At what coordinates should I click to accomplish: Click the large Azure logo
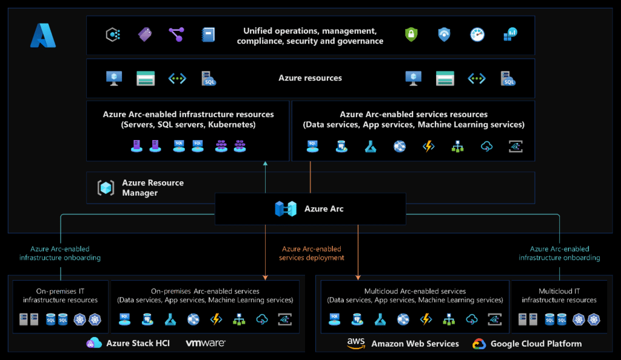tap(43, 36)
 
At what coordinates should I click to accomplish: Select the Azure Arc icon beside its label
tap(286, 209)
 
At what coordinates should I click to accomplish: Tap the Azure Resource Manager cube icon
tap(106, 188)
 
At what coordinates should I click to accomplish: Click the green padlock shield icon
tap(411, 35)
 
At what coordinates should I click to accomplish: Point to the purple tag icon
tap(145, 35)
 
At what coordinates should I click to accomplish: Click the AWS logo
tap(355, 344)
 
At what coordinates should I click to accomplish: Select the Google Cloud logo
tap(479, 344)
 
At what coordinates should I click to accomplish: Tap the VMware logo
tap(206, 343)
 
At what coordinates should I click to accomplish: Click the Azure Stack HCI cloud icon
tap(94, 343)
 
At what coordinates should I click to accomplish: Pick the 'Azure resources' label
tap(310, 78)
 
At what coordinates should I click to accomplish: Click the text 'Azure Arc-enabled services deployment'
tap(311, 253)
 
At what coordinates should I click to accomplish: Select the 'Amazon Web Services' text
tap(415, 344)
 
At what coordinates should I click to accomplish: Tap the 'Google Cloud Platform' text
tap(536, 344)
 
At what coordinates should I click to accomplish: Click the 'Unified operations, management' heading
tap(310, 31)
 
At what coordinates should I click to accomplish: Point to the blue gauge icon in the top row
tap(477, 35)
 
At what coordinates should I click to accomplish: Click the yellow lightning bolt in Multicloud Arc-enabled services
tap(426, 319)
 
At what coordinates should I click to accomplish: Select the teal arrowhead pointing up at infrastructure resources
tap(266, 163)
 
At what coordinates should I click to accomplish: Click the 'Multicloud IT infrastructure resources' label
tap(559, 296)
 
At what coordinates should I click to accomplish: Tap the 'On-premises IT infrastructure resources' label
tap(60, 296)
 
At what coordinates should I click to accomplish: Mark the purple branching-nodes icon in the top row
tap(176, 35)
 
